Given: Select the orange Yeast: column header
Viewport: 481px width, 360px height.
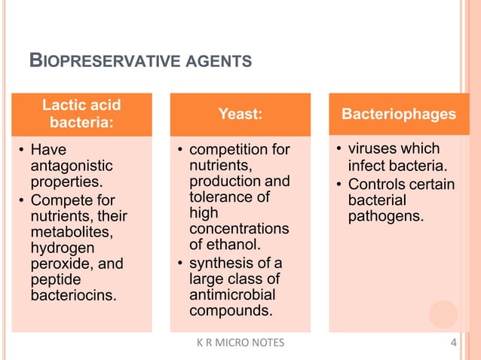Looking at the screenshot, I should [x=240, y=114].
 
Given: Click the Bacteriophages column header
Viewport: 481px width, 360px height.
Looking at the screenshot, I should [x=399, y=114].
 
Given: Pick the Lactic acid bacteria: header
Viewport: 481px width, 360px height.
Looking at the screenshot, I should [x=81, y=114].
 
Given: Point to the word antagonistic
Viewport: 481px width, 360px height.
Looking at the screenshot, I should [x=72, y=166].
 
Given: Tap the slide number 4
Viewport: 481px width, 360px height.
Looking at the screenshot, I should [x=453, y=344].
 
